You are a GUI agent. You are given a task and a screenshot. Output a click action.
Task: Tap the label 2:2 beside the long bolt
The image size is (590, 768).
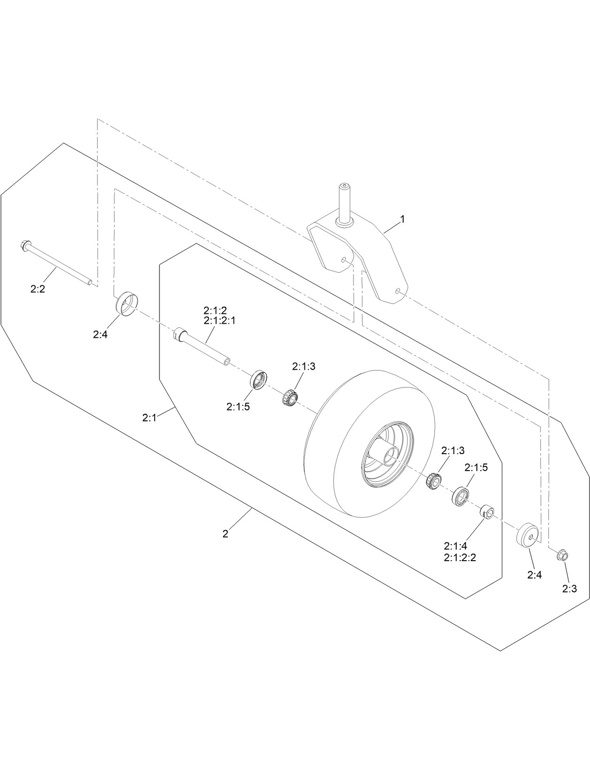pyautogui.click(x=38, y=289)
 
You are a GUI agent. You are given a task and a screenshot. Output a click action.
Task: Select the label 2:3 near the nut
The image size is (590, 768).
pyautogui.click(x=570, y=589)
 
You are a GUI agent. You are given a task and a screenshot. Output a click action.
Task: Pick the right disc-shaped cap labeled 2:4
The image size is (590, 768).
pyautogui.click(x=528, y=534)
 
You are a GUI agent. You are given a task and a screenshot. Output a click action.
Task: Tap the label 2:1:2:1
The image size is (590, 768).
pyautogui.click(x=220, y=320)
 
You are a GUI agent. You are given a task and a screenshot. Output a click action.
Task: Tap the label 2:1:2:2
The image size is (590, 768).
pyautogui.click(x=460, y=558)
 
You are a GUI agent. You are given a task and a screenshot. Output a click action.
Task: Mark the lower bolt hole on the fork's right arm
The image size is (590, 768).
pyautogui.click(x=397, y=291)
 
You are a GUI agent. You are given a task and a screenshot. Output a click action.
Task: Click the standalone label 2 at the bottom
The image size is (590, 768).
pyautogui.click(x=226, y=534)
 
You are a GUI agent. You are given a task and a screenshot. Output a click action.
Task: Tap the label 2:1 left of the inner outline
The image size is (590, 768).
pyautogui.click(x=149, y=417)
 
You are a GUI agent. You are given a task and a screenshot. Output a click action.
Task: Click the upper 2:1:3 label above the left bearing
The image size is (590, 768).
pyautogui.click(x=304, y=366)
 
